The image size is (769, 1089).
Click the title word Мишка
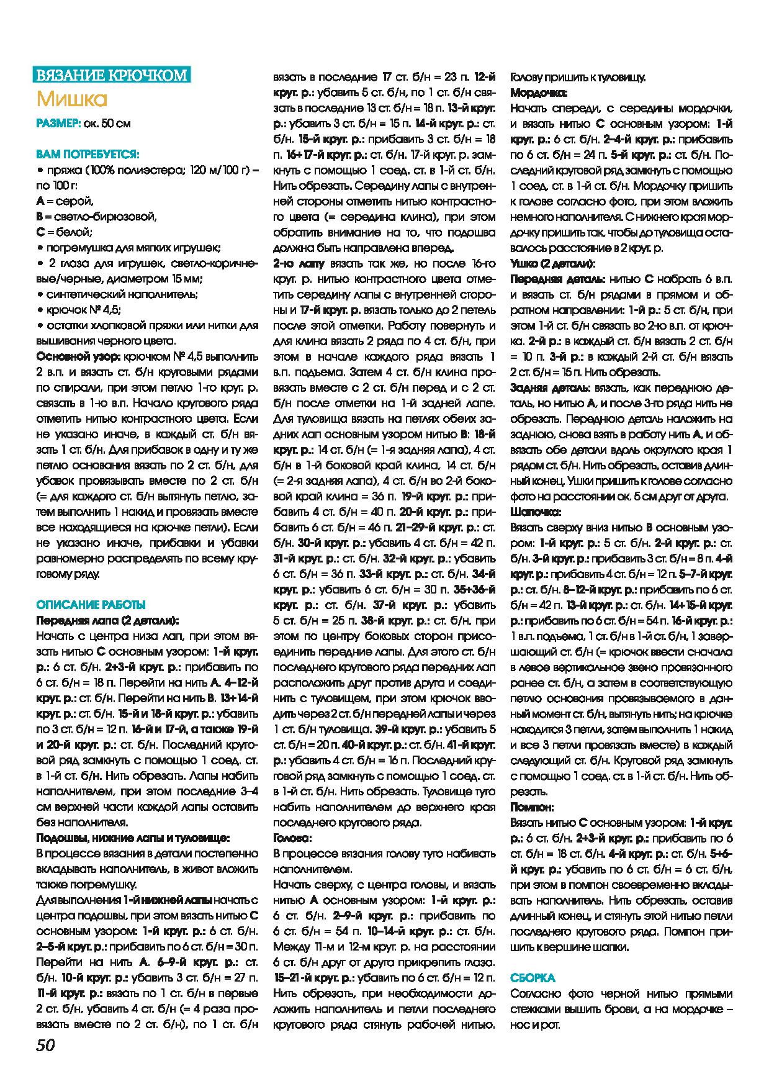click(x=72, y=99)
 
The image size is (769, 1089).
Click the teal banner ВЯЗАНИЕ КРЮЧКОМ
click(x=112, y=75)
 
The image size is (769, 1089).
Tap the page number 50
click(x=45, y=1046)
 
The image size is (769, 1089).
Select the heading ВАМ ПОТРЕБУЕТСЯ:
click(x=88, y=153)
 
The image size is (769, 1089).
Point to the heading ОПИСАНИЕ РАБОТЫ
click(x=91, y=604)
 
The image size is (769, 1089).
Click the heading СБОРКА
click(x=533, y=978)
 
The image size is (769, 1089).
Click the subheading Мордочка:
click(x=538, y=93)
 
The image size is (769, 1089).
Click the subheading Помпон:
click(x=532, y=807)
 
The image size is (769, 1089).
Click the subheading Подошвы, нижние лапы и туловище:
click(x=133, y=838)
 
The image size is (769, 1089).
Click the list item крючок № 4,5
click(x=84, y=310)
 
